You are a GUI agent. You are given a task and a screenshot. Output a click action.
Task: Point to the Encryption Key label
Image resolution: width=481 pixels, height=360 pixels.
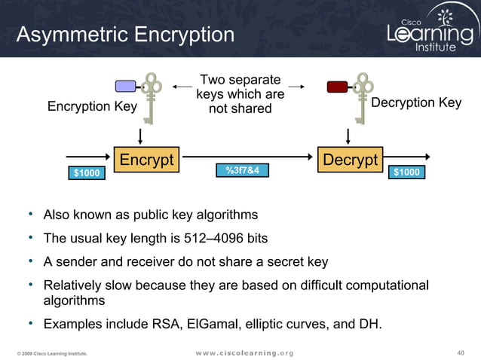tap(92, 106)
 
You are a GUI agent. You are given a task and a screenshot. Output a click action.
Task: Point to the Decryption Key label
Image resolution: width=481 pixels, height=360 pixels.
tap(416, 103)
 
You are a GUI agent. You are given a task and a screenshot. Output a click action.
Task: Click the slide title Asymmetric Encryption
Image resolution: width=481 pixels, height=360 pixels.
tap(125, 35)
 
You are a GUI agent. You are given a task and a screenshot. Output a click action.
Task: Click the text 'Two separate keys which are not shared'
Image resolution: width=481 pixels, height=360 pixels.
tap(240, 95)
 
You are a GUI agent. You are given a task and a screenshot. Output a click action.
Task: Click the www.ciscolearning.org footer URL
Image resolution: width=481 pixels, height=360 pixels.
tap(244, 352)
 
